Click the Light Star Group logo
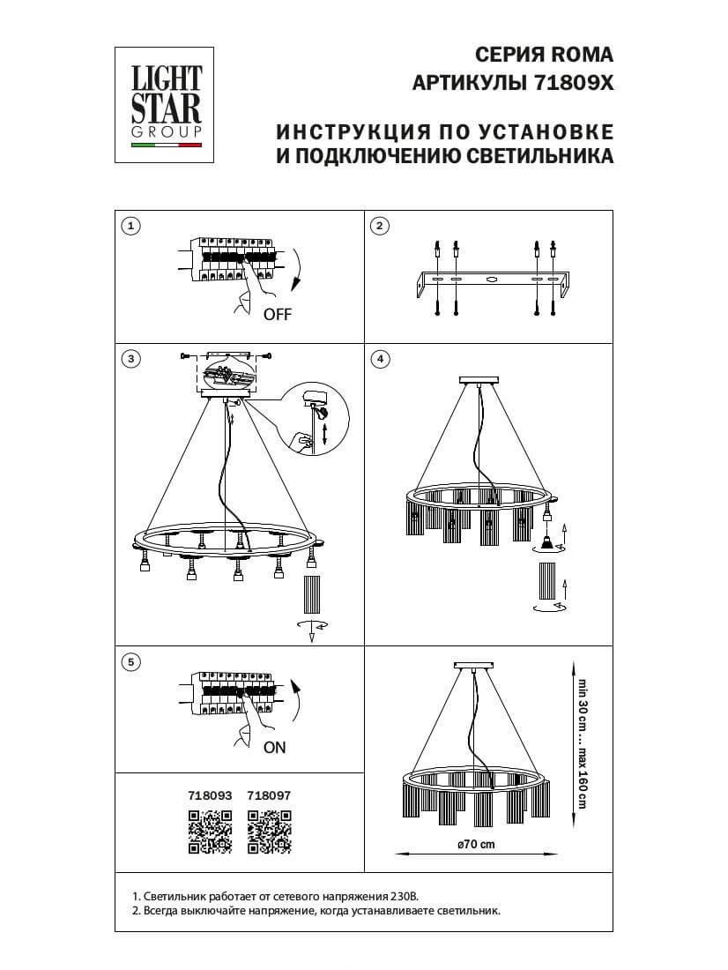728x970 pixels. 167,105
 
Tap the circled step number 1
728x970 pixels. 130,227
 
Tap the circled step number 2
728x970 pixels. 380,227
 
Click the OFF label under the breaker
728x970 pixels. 277,315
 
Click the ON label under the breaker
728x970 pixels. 275,747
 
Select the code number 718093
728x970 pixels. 210,794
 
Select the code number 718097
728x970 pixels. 269,794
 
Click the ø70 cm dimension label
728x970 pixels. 477,844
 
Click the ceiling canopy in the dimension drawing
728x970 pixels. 475,664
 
